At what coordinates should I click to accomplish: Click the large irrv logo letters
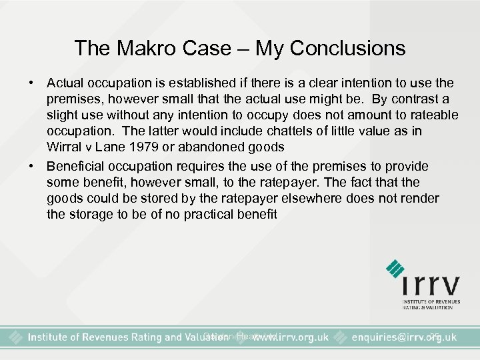pos(431,285)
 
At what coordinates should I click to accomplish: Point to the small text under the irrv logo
pos(431,303)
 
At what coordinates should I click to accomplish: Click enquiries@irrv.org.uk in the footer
pos(404,337)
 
